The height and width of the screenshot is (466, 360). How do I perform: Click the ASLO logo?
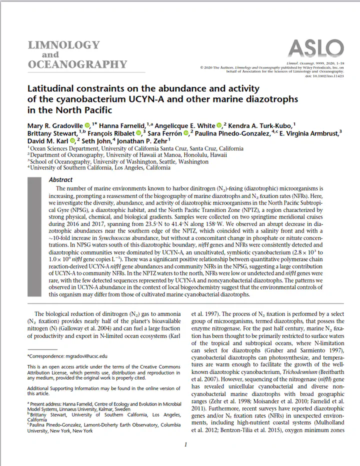(x=315, y=48)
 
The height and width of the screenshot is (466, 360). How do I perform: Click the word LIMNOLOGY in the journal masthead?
(x=63, y=45)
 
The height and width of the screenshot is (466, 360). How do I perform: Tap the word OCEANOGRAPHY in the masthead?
(x=77, y=64)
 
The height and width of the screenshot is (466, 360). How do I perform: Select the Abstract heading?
(x=61, y=179)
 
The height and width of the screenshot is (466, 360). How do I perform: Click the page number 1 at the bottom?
(x=185, y=444)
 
